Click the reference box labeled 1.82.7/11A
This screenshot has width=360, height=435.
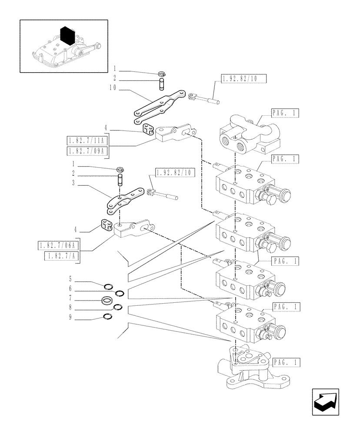[87, 141]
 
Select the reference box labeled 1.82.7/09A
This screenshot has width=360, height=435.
[87, 151]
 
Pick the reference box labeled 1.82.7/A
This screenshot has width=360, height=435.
[61, 256]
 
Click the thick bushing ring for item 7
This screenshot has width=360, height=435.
[107, 300]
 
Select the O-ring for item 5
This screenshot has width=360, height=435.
[109, 286]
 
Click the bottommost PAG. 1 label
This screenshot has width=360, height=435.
[287, 361]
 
